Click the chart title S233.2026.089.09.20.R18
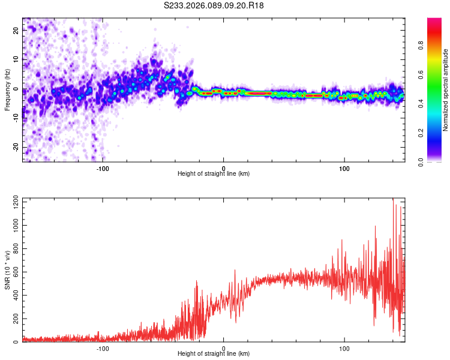214,5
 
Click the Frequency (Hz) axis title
7,89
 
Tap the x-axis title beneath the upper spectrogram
214,174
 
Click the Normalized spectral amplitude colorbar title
446,90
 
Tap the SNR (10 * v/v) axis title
7,270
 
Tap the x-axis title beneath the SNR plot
214,354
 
